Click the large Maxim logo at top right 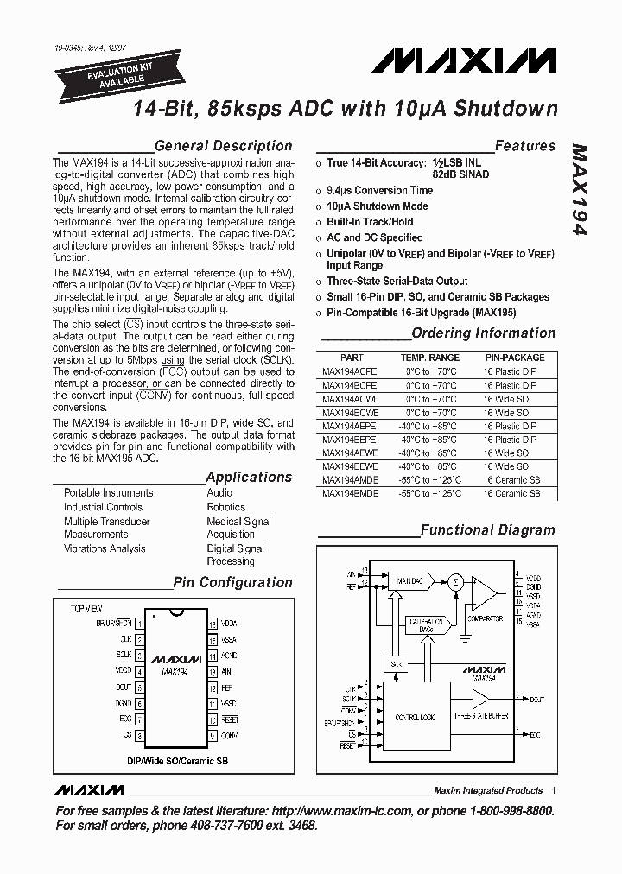point(464,60)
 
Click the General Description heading point(223,146)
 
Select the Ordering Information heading point(483,333)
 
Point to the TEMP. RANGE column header point(429,358)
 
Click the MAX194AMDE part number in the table point(350,480)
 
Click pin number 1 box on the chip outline point(139,623)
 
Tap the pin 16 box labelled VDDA point(213,623)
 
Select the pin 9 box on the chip point(213,735)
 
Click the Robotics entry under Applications point(225,507)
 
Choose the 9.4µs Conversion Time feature point(379,190)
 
